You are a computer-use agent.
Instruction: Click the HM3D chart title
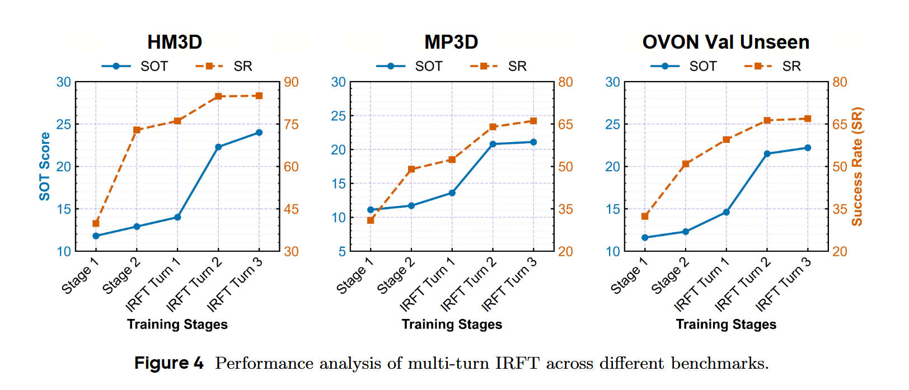coord(175,42)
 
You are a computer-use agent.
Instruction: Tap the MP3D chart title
coord(451,42)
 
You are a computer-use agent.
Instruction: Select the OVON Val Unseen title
coord(725,42)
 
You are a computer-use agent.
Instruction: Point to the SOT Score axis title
coord(45,166)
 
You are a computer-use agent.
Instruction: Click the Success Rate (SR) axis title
coord(857,166)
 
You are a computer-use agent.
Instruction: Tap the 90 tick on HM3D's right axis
coord(291,82)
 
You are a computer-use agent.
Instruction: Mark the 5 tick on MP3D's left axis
coord(342,251)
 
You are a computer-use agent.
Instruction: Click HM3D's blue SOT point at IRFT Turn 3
coord(259,133)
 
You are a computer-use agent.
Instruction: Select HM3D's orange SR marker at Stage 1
coord(96,223)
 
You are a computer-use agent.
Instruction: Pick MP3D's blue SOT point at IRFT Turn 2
coord(493,144)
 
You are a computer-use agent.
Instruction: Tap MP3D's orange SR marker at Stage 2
coord(411,169)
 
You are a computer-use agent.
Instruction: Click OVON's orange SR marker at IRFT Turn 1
coord(727,139)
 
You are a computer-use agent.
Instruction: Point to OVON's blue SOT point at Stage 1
coord(645,238)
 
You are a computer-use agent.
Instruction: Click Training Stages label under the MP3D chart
coord(452,325)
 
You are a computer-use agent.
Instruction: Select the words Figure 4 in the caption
coord(169,363)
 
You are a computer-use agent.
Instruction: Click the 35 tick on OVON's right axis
coord(840,209)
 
